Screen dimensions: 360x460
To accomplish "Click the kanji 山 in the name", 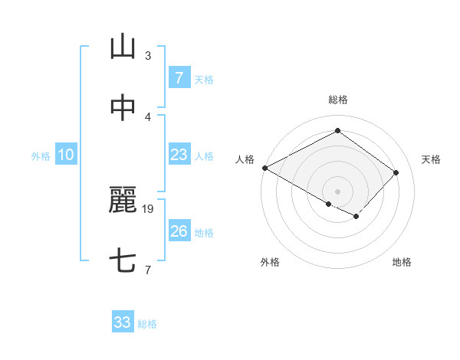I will pos(123,47).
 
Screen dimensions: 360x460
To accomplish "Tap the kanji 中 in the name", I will pos(123,108).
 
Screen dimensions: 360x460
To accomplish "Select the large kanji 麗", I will pos(123,201).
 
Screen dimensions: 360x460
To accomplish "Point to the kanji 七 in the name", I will pos(123,261).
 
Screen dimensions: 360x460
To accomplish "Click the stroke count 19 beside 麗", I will pos(149,208).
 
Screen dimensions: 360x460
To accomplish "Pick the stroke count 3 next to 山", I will pos(148,56).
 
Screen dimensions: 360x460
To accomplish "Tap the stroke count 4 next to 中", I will pos(148,116).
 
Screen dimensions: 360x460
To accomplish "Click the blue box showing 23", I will pos(179,155).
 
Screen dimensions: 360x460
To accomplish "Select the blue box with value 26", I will pos(179,231).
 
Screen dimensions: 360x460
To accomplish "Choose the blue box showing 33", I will pos(123,322).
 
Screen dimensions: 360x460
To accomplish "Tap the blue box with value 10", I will pos(66,155).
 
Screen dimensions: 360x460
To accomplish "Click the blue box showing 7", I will pos(179,78).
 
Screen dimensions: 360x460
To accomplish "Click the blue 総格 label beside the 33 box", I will pos(147,324).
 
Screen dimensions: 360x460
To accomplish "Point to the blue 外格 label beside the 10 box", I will pos(41,155).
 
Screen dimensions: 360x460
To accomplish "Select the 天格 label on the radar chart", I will pos(431,159).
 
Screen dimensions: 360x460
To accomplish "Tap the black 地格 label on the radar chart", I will pos(402,262).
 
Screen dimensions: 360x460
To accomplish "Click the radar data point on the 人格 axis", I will pos(264,168).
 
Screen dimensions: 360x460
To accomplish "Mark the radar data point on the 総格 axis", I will pos(337,131).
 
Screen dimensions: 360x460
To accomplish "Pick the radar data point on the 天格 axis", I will pos(396,172).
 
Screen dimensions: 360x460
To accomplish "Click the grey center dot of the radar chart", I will pos(337,191).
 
